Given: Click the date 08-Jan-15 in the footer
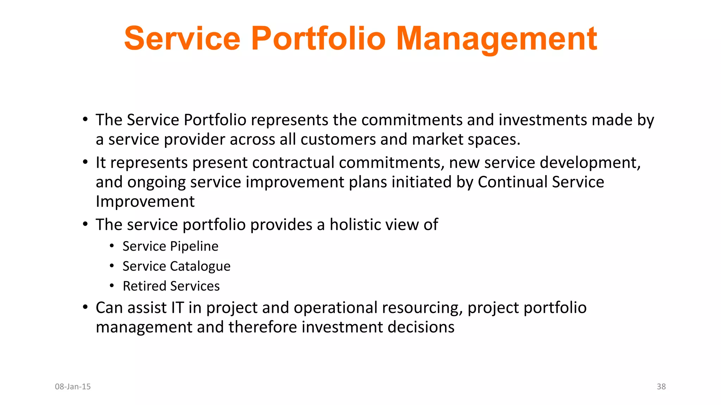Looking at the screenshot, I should (73, 387).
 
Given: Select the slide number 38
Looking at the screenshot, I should (661, 387).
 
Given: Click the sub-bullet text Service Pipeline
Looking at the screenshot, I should (170, 246).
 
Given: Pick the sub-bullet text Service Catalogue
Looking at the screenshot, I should (176, 266).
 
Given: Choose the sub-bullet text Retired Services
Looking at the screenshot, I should (171, 286).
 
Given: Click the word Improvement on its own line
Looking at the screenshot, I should (145, 202).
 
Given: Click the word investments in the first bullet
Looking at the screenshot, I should (543, 120).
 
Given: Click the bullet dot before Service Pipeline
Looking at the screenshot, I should (112, 246).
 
